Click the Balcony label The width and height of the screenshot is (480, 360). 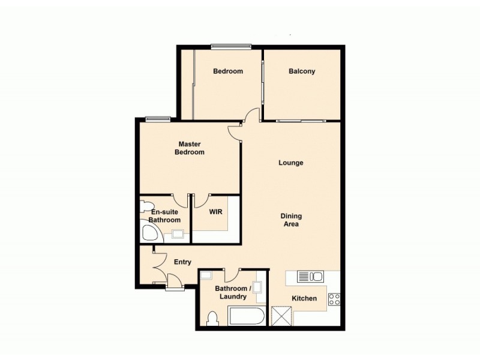pyautogui.click(x=302, y=71)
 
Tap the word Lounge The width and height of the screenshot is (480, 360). pyautogui.click(x=291, y=163)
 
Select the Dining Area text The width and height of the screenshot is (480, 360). pyautogui.click(x=291, y=220)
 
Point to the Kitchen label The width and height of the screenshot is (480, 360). pyautogui.click(x=304, y=298)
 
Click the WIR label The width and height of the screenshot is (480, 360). pyautogui.click(x=216, y=212)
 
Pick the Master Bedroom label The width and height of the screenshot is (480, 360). pyautogui.click(x=190, y=148)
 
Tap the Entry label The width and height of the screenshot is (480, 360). pyautogui.click(x=182, y=262)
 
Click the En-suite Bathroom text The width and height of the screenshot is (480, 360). pyautogui.click(x=165, y=216)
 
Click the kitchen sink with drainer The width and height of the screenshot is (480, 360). pyautogui.click(x=310, y=277)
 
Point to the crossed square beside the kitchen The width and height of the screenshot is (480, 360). pyautogui.click(x=281, y=316)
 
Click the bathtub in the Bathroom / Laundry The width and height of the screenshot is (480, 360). pyautogui.click(x=247, y=316)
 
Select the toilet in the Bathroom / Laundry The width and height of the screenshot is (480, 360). pyautogui.click(x=211, y=318)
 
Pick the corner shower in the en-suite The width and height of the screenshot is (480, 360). pyautogui.click(x=148, y=232)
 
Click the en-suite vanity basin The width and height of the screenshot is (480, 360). pyautogui.click(x=178, y=235)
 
